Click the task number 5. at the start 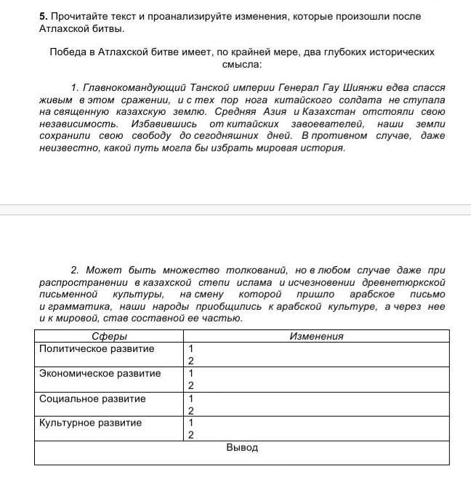(44, 16)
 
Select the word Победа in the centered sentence (67, 52)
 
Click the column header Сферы (110, 337)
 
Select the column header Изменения (316, 337)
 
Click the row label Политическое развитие (97, 349)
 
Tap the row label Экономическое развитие (100, 374)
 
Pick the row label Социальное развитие (92, 399)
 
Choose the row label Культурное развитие (91, 423)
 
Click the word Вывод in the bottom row (242, 448)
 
